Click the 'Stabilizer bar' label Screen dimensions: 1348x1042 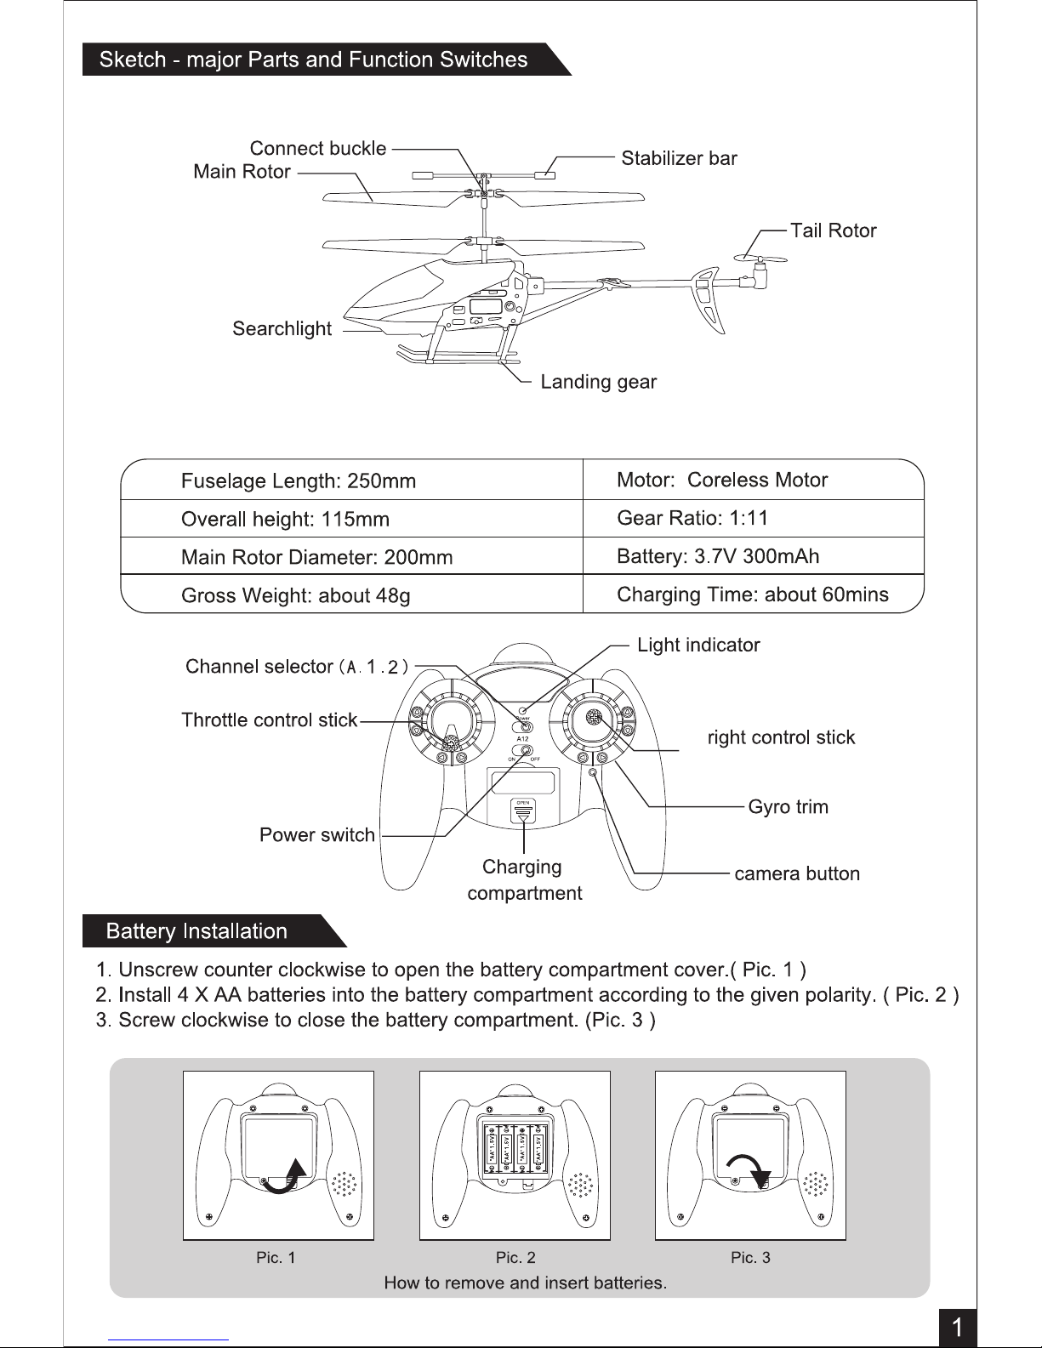[679, 158]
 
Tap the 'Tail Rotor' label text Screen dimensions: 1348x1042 [833, 230]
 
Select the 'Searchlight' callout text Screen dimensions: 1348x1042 [282, 329]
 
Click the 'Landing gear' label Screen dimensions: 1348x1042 [598, 382]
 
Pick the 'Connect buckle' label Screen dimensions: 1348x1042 [317, 149]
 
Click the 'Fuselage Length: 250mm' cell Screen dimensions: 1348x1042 [299, 481]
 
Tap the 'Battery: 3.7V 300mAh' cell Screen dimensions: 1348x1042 [718, 556]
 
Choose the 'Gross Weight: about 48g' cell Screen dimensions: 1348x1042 [296, 595]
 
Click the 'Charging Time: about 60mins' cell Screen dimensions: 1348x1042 [752, 594]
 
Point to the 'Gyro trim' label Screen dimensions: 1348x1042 [788, 806]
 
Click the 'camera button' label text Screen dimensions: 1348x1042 [797, 873]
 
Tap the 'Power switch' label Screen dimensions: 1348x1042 [317, 835]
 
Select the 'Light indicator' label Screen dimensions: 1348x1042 [698, 645]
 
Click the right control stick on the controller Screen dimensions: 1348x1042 [593, 718]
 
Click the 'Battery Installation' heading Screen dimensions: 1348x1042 [196, 931]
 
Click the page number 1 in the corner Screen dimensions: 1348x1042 [958, 1328]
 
